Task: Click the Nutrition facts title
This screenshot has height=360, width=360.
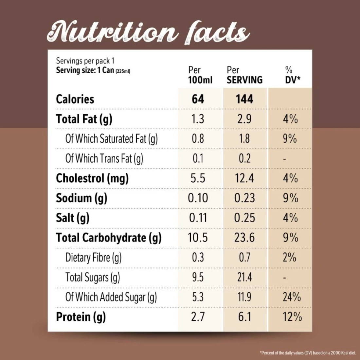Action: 148,33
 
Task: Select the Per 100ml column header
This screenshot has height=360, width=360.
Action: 200,75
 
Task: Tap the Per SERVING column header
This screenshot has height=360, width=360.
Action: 244,75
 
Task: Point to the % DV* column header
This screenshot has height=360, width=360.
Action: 292,75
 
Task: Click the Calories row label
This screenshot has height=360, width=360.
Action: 75,99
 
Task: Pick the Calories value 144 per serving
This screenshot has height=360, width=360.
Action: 244,99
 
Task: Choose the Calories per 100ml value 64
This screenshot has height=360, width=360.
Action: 198,99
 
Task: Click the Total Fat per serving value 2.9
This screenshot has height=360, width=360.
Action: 244,119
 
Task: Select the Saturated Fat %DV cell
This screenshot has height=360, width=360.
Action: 290,139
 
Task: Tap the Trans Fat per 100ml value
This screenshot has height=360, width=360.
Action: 198,159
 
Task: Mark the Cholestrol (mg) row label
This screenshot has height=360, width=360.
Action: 92,178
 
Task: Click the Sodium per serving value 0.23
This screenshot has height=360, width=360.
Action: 244,198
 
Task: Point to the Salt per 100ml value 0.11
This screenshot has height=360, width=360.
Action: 198,218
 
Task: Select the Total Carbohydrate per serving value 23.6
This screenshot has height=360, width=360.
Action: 244,238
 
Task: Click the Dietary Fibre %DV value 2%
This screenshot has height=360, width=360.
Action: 290,258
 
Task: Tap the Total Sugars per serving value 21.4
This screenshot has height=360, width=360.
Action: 244,278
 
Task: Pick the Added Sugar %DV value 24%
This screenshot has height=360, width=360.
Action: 292,297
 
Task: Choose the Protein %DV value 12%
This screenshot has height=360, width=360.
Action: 292,317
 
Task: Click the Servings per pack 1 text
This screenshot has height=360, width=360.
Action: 85,61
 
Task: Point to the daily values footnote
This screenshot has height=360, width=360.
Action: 308,353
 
